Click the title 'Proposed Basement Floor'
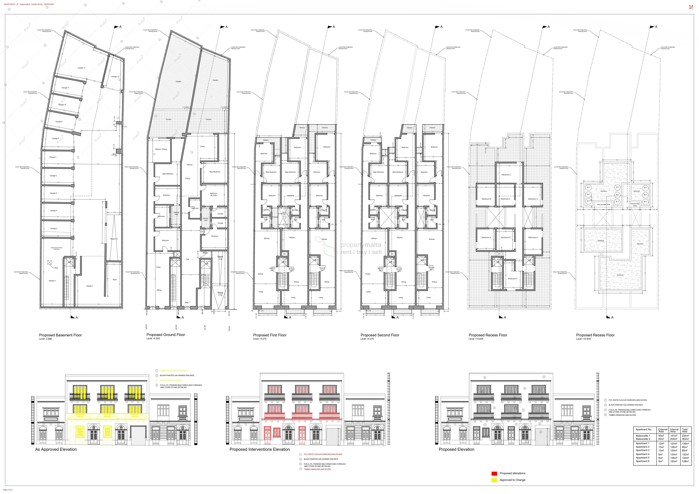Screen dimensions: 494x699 [60, 335]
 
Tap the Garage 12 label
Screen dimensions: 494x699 [81, 68]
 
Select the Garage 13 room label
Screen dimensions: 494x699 [115, 77]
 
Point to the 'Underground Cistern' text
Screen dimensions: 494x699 [57, 248]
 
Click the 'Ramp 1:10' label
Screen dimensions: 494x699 [220, 294]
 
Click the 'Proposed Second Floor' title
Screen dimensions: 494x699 [380, 335]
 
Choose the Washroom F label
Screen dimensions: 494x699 [506, 175]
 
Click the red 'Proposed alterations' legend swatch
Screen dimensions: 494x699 [494, 473]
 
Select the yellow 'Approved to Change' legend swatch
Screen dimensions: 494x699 [494, 480]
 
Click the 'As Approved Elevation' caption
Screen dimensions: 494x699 [56, 449]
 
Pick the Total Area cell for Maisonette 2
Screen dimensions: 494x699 [685, 439]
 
